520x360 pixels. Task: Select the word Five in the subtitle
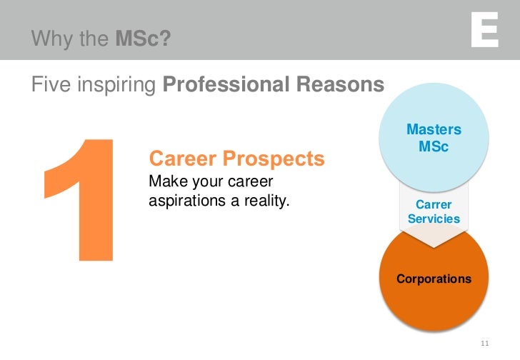coord(51,85)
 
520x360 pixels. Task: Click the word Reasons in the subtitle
coord(338,85)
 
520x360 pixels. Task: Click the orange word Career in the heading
coord(182,158)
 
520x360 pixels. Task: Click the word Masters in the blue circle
coord(434,129)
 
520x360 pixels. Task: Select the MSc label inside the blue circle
coord(434,146)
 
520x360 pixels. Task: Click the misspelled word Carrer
coord(434,204)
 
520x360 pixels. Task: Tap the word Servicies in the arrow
coord(434,219)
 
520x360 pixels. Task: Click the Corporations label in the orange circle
coord(434,279)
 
